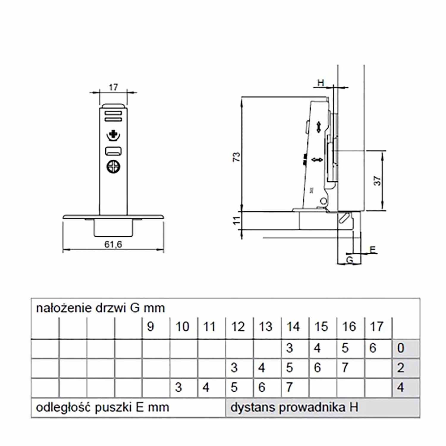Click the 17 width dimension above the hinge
pos(113,87)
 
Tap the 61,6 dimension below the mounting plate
pos(113,244)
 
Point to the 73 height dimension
pos(236,157)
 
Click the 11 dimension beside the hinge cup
pos(236,220)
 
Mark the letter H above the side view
pos(321,83)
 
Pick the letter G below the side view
pos(350,260)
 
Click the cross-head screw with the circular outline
pos(113,167)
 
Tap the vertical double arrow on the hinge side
pos(318,127)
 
